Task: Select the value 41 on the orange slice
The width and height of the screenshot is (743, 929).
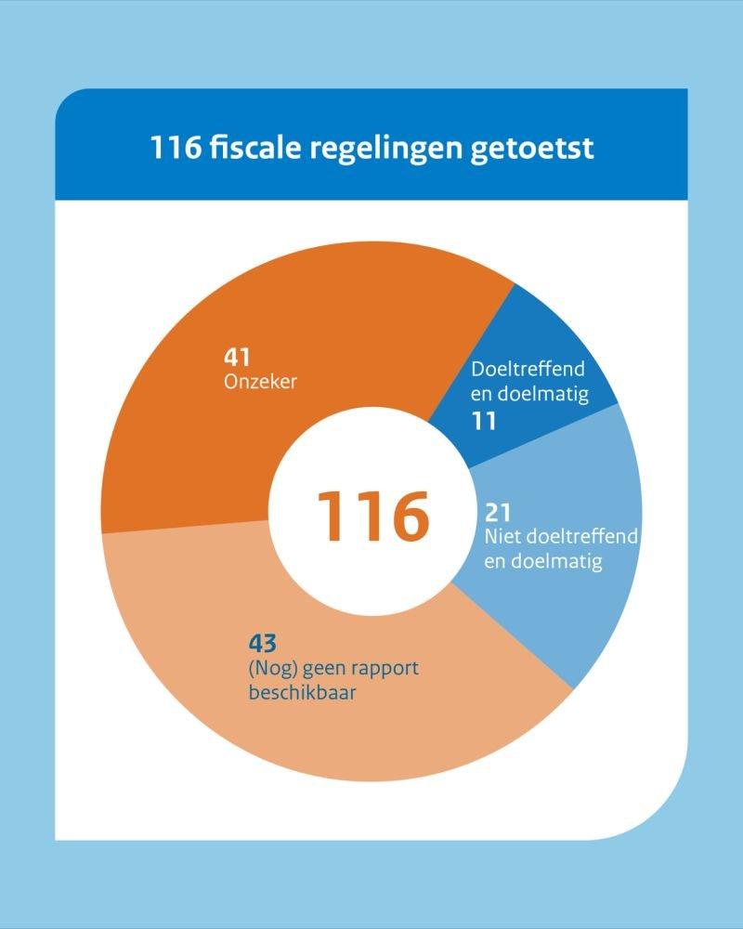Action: pyautogui.click(x=238, y=357)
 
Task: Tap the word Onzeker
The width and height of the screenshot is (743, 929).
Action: pyautogui.click(x=260, y=380)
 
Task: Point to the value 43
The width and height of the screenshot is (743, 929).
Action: pyautogui.click(x=264, y=642)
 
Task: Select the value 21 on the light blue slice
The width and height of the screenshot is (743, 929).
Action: pyautogui.click(x=499, y=512)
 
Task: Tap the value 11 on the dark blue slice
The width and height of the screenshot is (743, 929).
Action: pyautogui.click(x=483, y=420)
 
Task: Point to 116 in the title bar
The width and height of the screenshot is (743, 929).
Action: pyautogui.click(x=176, y=148)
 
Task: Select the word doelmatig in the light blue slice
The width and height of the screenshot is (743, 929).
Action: pyautogui.click(x=556, y=561)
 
